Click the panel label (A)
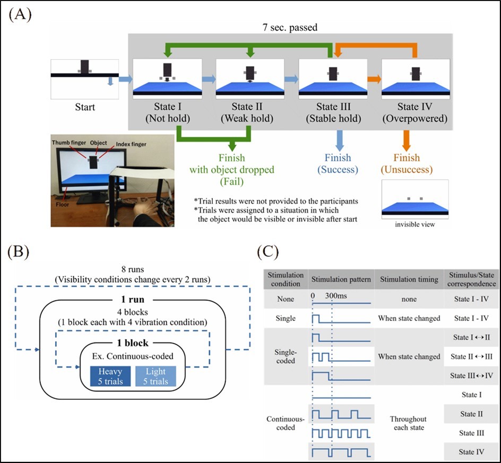pos(20,14)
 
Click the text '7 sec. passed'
pos(289,27)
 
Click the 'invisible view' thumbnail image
pos(415,199)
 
